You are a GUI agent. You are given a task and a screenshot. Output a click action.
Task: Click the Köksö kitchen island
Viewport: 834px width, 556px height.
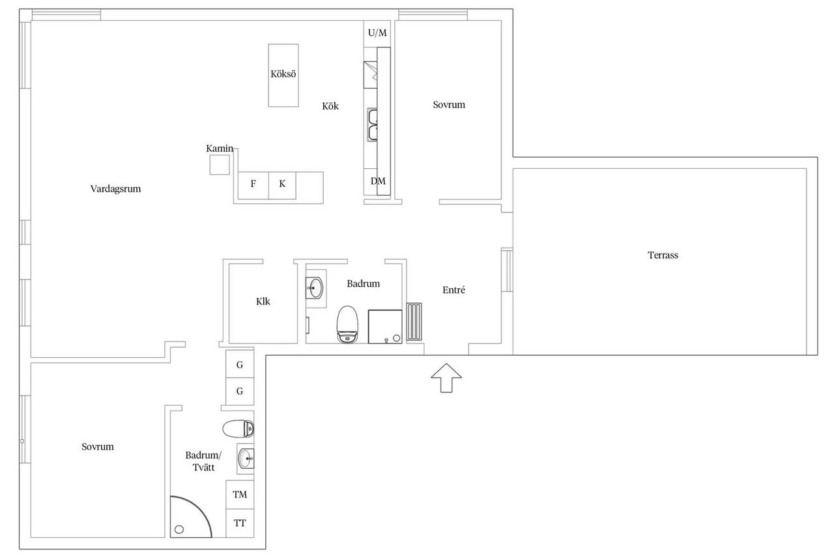click(x=283, y=75)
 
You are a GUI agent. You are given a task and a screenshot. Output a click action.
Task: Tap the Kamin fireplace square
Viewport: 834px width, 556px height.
click(x=220, y=165)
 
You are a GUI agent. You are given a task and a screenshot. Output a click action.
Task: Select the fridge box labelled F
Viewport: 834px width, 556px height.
click(x=253, y=186)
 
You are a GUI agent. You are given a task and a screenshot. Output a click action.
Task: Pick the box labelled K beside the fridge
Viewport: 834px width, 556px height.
click(x=282, y=186)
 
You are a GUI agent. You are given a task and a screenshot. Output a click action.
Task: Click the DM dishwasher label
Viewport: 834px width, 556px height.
click(x=378, y=181)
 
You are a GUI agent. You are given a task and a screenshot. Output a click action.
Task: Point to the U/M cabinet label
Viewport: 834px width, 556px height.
click(x=377, y=33)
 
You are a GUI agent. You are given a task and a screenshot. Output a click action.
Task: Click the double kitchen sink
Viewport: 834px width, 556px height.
click(x=372, y=124)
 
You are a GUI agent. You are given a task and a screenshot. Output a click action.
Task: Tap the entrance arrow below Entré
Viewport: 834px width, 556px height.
click(x=446, y=377)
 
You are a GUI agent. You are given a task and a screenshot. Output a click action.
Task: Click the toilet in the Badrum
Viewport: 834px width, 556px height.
click(x=347, y=325)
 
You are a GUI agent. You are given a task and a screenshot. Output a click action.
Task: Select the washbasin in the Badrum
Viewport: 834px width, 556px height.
click(x=315, y=288)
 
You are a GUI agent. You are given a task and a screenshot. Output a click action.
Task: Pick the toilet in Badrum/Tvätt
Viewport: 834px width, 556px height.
click(x=238, y=429)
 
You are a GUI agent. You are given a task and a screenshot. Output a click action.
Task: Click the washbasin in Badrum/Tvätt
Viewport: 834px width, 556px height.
click(x=246, y=458)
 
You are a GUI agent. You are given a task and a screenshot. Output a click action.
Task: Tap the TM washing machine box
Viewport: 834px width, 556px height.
click(x=240, y=495)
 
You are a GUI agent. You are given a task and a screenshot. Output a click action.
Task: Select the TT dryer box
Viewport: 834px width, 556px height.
click(x=240, y=523)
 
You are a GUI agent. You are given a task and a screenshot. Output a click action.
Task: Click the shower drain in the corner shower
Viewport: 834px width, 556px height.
click(x=179, y=529)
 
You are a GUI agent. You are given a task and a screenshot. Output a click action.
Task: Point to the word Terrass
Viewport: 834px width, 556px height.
click(x=663, y=255)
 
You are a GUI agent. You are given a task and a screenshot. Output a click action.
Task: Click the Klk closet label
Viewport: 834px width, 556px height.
click(x=263, y=301)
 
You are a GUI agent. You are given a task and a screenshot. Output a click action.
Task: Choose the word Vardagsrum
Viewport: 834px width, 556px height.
click(x=115, y=189)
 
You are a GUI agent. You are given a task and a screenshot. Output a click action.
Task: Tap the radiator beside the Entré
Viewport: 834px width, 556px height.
click(x=414, y=322)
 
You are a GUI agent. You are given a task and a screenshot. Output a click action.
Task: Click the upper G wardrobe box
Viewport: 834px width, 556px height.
click(x=240, y=364)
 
